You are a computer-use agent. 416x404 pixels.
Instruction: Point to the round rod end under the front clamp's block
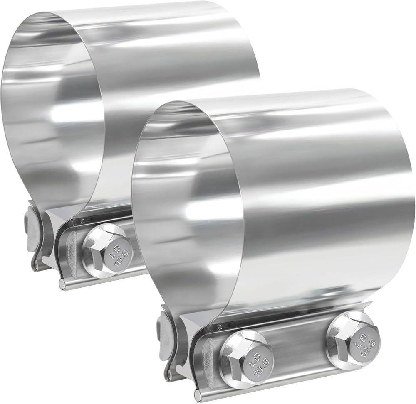[x=198, y=392]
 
